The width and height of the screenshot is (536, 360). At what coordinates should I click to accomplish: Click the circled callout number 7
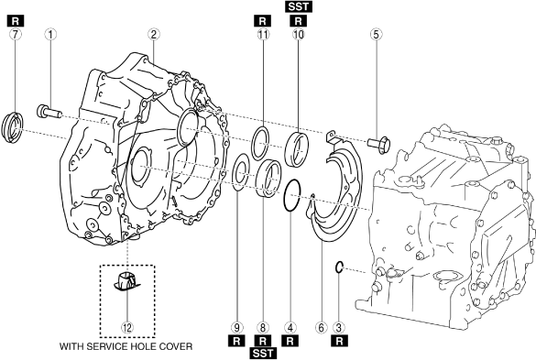coord(15,34)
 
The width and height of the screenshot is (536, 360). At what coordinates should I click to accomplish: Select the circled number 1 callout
coord(50,34)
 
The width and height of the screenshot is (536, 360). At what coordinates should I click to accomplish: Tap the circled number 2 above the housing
coord(154,34)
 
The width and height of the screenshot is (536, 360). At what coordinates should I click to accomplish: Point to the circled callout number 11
coord(263,34)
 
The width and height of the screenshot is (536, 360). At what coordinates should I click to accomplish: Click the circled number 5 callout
coord(376,34)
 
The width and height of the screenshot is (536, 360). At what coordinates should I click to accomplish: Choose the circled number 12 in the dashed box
coord(126,328)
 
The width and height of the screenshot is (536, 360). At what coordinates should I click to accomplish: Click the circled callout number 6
coord(321,328)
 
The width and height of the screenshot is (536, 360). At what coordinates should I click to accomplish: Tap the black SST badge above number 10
coord(299,6)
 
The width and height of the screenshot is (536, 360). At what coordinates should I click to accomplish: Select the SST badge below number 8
coord(263,354)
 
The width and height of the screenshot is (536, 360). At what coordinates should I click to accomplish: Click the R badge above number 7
coord(16,21)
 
